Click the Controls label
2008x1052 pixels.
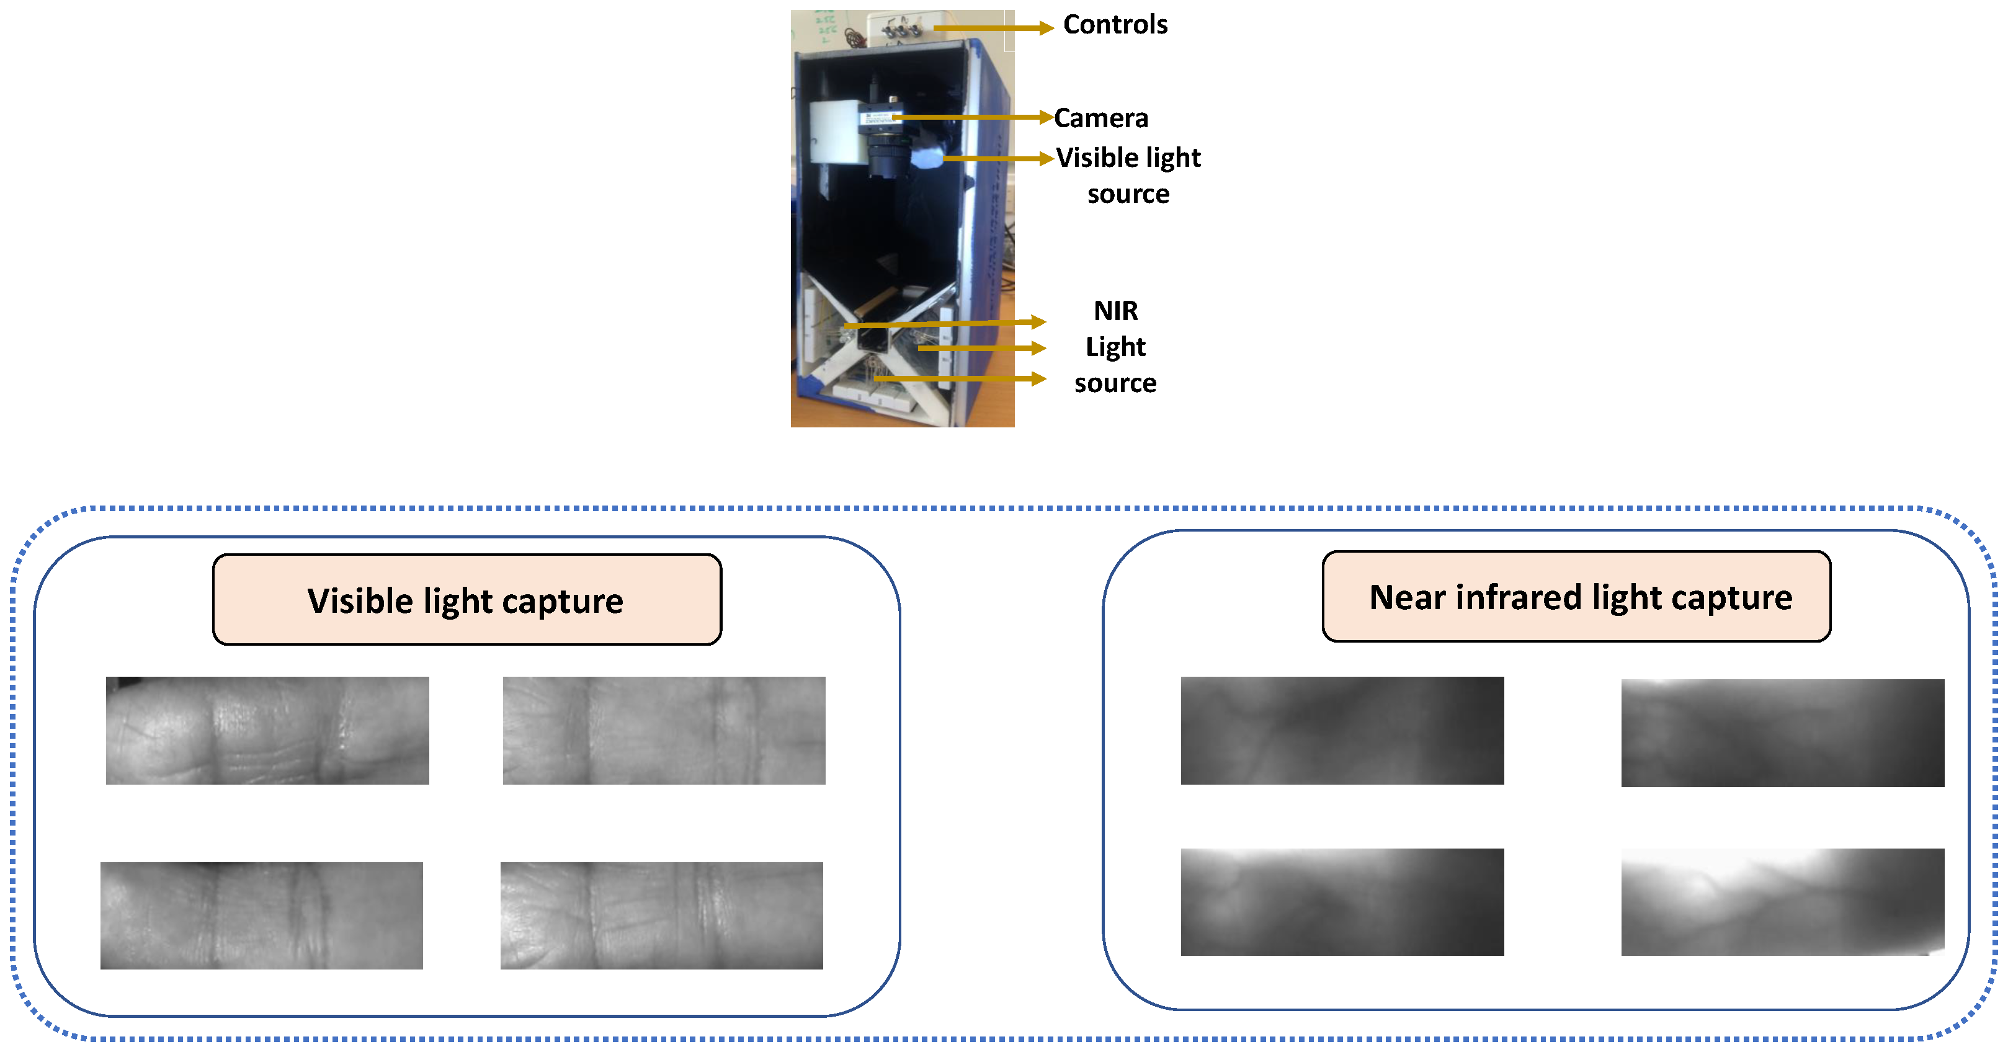click(1115, 25)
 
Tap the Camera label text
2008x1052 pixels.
click(1100, 118)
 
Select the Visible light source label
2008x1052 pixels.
click(1128, 176)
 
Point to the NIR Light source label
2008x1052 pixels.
click(1115, 347)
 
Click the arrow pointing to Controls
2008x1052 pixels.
click(993, 28)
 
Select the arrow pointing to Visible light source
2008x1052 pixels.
click(997, 158)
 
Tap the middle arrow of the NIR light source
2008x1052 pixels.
click(981, 347)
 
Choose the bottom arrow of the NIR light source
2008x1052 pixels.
click(960, 379)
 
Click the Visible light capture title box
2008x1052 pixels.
click(466, 599)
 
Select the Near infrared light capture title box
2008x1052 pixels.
click(1576, 596)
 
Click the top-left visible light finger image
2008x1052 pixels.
click(267, 730)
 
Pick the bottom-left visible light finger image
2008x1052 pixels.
click(262, 915)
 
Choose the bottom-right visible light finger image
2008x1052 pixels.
click(661, 915)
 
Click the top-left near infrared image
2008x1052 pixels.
click(1342, 730)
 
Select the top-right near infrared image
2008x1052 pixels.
click(1782, 733)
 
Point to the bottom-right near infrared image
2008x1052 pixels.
click(1782, 902)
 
